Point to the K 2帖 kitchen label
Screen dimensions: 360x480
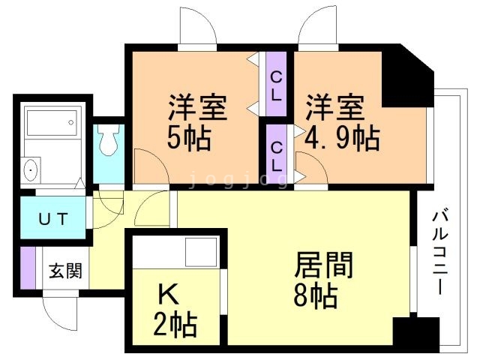pos(177,310)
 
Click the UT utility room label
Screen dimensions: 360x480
pos(53,220)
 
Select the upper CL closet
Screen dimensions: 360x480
pos(276,84)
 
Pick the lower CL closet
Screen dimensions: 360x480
pos(276,154)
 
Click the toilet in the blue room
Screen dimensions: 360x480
pos(109,139)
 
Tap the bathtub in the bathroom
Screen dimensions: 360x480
pos(52,121)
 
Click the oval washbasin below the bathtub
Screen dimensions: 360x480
pos(31,171)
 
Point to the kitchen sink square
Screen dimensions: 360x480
pos(200,249)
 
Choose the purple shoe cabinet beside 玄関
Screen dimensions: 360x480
pos(28,270)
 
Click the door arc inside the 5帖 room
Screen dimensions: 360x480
pos(148,165)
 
